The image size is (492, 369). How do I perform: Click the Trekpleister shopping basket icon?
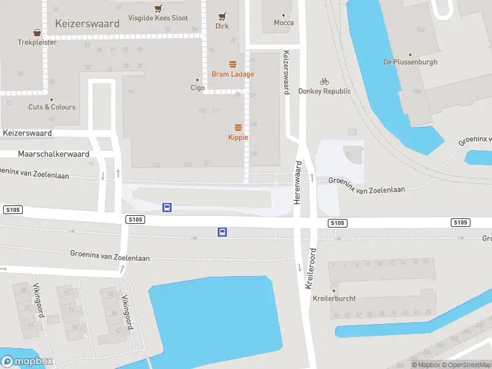[x=38, y=32]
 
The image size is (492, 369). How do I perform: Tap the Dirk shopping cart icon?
[x=222, y=16]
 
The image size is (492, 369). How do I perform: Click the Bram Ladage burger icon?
[x=232, y=64]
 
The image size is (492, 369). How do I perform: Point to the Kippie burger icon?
[x=238, y=127]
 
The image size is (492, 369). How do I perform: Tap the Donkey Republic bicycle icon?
[x=324, y=81]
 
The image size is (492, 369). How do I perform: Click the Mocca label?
[x=284, y=23]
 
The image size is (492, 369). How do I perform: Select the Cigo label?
[x=197, y=88]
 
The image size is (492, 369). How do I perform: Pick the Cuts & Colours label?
[x=52, y=107]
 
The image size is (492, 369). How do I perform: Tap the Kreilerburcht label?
[x=334, y=298]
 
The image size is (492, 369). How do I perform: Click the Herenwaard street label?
[x=298, y=183]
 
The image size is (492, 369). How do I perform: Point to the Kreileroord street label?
[x=311, y=269]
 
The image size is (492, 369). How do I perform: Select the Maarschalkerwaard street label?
[x=54, y=154]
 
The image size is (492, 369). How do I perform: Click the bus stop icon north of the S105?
[x=167, y=207]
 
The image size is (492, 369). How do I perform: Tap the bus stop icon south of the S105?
[x=222, y=232]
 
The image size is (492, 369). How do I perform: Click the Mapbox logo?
[x=27, y=362]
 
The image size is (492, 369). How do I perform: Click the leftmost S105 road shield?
[x=12, y=210]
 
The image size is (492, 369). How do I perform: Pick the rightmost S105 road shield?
[x=460, y=222]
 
